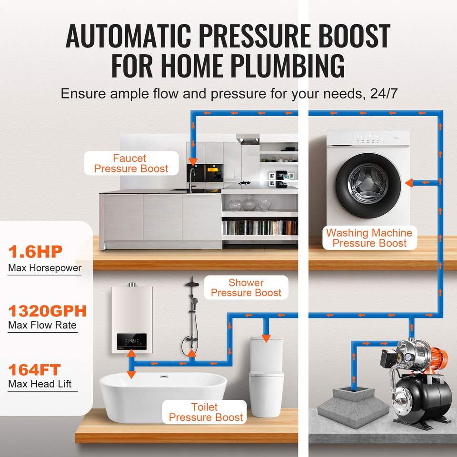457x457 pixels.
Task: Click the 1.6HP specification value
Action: point(35,251)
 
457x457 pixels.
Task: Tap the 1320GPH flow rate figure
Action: point(48,311)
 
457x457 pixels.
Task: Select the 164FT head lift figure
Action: point(34,370)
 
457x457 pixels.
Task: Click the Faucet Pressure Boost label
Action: point(131,163)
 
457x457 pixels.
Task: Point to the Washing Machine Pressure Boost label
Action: point(369,238)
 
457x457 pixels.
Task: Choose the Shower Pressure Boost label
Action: point(246,288)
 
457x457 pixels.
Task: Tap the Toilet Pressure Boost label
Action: point(205,412)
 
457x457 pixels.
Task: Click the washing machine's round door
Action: point(368,185)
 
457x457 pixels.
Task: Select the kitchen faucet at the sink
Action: point(191,180)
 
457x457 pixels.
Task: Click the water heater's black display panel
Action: point(132,342)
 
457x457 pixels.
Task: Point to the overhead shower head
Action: point(192,284)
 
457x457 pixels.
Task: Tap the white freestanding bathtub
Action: point(163,397)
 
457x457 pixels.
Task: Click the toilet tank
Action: point(267,355)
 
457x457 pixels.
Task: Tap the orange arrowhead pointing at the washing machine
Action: point(409,183)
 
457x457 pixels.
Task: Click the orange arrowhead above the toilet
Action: point(266,338)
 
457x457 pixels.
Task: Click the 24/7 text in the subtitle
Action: point(384,94)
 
